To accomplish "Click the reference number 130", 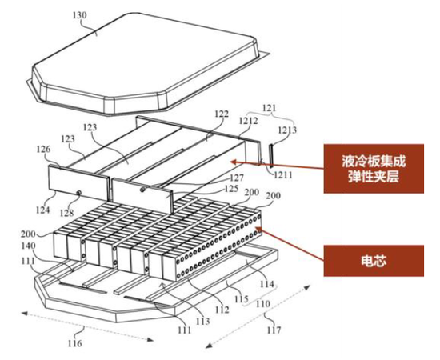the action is point(80,15).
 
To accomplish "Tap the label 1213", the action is point(287,130).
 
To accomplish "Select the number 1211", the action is point(283,175).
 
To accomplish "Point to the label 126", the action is point(43,149).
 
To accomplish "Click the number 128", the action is point(66,213).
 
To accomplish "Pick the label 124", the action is point(42,210).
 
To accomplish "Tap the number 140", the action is point(28,246).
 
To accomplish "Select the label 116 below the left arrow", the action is point(74,343).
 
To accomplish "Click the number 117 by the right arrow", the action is point(274,330).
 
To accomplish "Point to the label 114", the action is point(266,284).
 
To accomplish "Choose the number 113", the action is point(202,321).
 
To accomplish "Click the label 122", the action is point(222,114).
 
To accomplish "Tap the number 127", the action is point(237,178).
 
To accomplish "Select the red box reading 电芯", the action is point(374,261).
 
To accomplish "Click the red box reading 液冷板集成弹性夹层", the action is point(374,169).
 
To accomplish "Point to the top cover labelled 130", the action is point(146,62).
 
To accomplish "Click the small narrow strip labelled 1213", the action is point(271,155).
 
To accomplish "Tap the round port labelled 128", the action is point(79,193).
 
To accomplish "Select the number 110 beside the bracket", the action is point(263,303).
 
